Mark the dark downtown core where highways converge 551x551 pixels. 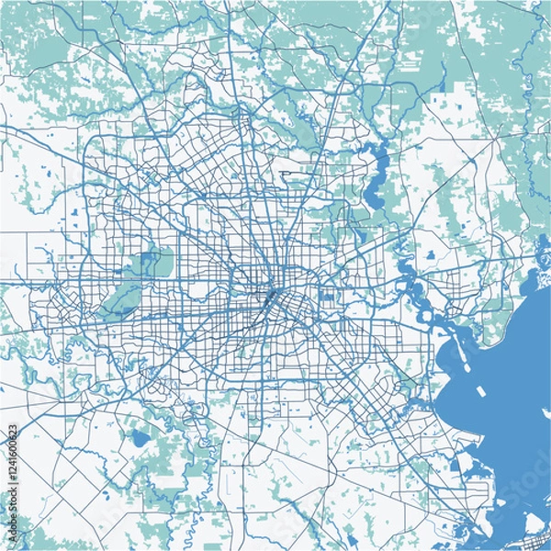point(272,298)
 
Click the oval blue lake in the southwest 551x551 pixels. point(140,438)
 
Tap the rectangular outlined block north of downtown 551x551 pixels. point(298,172)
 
